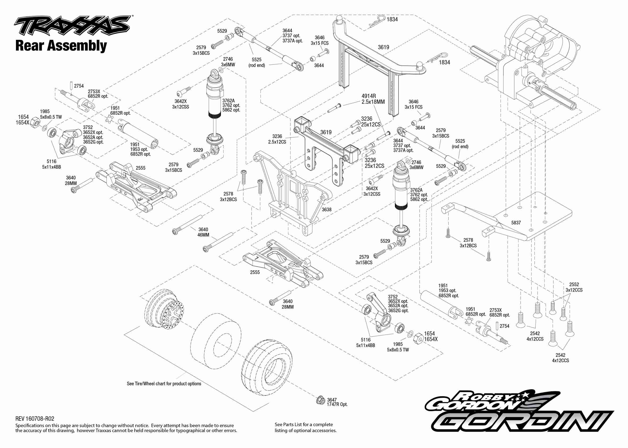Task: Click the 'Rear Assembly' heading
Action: coord(61,46)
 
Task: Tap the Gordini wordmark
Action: coord(522,425)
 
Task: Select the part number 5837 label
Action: coord(516,223)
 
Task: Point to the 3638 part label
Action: coord(326,210)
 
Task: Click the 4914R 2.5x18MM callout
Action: coord(373,99)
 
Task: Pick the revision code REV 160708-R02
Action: coord(35,419)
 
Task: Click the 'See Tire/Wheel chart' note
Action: coord(164,384)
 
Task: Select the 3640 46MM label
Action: coord(203,232)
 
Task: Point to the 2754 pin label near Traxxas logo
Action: coord(79,86)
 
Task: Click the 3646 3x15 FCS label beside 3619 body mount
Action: coord(320,40)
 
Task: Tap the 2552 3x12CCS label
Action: coord(574,287)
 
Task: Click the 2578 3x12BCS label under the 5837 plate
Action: coord(468,243)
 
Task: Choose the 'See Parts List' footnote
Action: coord(305,427)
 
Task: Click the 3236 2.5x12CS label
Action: coord(277,139)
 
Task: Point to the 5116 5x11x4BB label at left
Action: coord(52,164)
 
